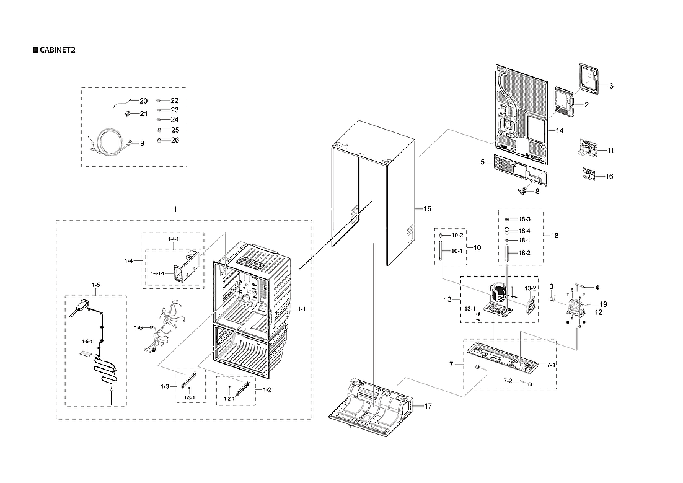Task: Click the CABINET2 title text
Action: (x=57, y=50)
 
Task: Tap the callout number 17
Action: (x=428, y=405)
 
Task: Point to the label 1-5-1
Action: (x=87, y=342)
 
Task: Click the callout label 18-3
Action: (x=524, y=219)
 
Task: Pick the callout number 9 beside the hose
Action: (x=141, y=143)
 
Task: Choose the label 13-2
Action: (x=531, y=289)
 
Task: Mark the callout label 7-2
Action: (x=508, y=380)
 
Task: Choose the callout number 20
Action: (x=143, y=100)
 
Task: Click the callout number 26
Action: (x=175, y=140)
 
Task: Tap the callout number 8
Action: (x=537, y=192)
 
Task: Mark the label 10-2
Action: (x=457, y=236)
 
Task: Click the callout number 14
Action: (x=559, y=131)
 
